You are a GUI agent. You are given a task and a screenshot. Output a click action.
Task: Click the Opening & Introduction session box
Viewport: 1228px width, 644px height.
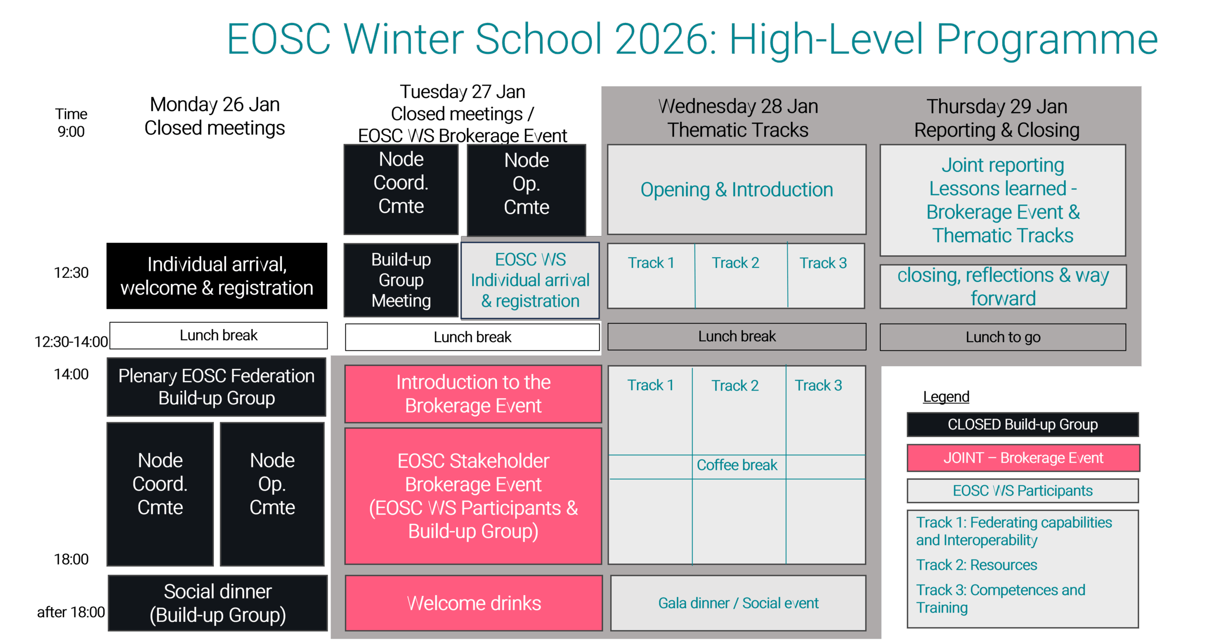point(736,190)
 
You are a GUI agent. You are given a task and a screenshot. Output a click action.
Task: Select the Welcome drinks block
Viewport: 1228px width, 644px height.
point(473,603)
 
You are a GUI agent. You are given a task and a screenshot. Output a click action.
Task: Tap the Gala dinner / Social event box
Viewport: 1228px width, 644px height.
point(738,603)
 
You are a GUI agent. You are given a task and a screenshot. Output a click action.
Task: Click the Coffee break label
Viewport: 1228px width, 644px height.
point(737,465)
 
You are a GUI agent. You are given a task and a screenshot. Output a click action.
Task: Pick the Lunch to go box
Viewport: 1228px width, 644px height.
point(1003,337)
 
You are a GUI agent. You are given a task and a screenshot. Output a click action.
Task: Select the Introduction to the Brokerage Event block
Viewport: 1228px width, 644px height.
point(473,394)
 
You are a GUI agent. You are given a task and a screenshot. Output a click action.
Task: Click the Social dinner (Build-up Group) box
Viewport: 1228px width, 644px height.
point(218,603)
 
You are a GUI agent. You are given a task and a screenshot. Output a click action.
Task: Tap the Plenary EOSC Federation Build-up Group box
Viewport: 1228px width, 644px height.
point(216,387)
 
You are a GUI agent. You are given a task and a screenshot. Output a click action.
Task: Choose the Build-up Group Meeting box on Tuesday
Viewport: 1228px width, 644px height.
point(401,280)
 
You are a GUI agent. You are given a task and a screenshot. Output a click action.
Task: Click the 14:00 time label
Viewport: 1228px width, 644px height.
point(71,374)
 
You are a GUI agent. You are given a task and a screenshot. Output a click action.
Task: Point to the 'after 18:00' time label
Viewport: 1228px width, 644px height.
point(71,612)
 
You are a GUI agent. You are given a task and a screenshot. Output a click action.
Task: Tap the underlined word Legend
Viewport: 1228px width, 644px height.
point(946,397)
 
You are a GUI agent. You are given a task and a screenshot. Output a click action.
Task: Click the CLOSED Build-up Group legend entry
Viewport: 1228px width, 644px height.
point(1023,424)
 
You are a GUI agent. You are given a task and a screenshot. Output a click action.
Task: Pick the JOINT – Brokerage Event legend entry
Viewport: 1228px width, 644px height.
point(1023,458)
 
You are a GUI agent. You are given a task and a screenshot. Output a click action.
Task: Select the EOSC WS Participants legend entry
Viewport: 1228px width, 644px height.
point(1023,490)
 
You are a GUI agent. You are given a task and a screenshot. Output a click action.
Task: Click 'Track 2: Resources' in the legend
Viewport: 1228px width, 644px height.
point(977,565)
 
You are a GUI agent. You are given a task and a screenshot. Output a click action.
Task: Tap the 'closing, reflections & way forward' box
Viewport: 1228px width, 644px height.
point(1003,286)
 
